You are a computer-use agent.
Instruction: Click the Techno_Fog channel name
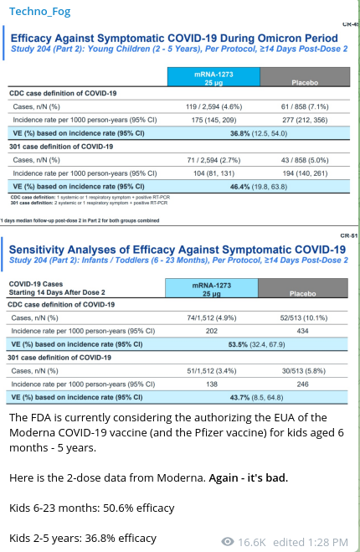point(39,12)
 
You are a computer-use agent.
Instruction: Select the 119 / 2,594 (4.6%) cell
point(214,106)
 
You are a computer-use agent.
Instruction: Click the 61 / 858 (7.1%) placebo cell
point(305,106)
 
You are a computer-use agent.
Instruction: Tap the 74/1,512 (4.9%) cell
point(212,318)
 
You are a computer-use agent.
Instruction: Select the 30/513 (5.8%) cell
point(303,371)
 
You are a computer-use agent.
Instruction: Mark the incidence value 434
point(302,331)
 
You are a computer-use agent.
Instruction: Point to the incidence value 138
point(212,384)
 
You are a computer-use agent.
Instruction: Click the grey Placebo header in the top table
point(305,77)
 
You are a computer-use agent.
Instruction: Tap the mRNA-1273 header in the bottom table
point(212,288)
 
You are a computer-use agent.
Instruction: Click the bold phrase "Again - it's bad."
point(249,477)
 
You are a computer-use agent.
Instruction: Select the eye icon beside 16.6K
point(228,541)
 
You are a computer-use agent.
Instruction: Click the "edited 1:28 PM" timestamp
point(311,542)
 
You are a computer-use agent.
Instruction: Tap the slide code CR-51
point(349,235)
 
